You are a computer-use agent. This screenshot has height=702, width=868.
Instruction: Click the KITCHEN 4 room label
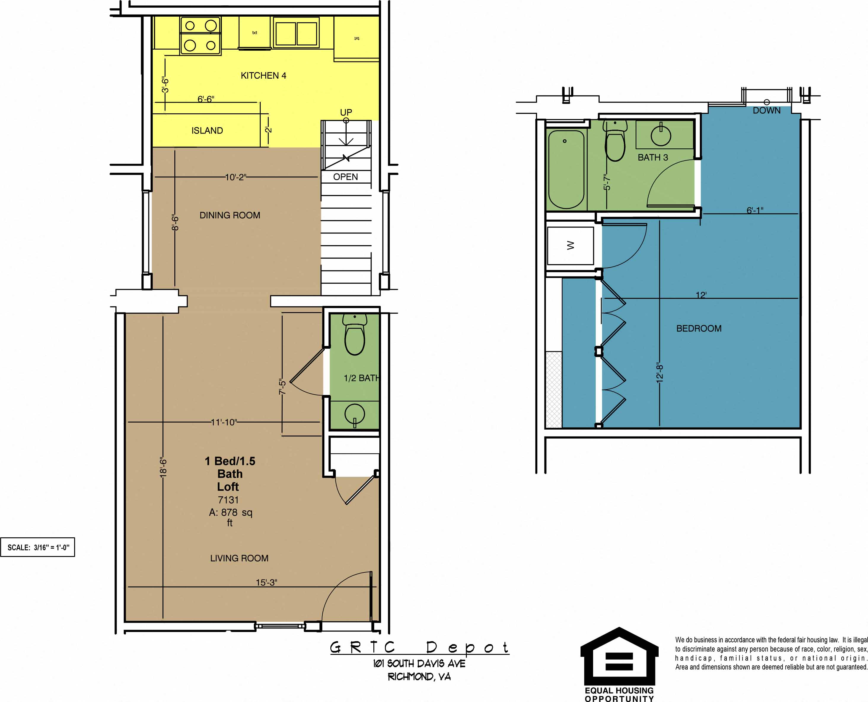coord(263,76)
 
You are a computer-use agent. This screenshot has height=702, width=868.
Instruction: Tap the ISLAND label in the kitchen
coord(207,131)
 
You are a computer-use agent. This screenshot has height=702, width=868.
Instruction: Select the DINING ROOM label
coord(230,215)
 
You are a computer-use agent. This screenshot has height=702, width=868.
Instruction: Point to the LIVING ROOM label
coord(239,558)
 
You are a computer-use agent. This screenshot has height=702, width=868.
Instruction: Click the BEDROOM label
coord(699,328)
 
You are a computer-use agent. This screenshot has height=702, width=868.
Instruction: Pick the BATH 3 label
coord(653,157)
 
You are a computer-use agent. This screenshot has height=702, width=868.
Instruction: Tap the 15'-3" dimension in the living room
coord(266,582)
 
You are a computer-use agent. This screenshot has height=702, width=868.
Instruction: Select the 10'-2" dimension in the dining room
coord(235,177)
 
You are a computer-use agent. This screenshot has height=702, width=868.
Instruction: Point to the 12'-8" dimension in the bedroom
coord(660,372)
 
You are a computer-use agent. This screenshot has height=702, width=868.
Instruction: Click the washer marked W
coord(570,245)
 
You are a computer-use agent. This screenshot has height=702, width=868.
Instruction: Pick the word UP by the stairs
coord(346,112)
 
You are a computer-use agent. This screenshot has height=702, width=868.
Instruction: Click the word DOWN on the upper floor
coord(767,110)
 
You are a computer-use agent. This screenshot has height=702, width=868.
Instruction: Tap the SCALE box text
coord(38,547)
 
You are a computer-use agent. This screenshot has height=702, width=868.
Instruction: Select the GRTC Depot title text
coord(419,647)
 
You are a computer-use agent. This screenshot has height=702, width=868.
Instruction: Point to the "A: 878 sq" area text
coord(230,513)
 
